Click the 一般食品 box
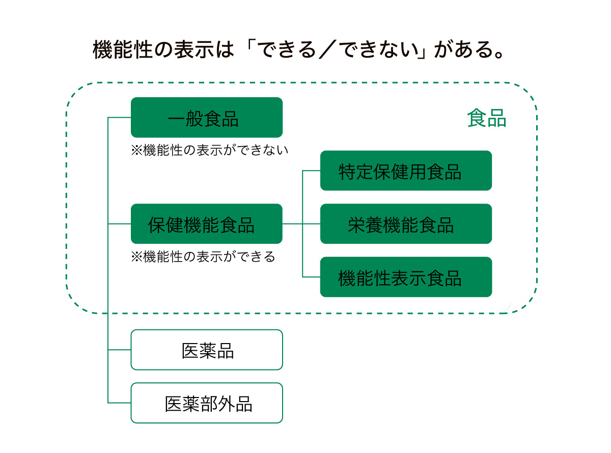[x=207, y=117]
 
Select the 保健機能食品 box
[x=207, y=223]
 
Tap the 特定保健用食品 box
[x=406, y=171]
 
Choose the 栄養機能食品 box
[x=406, y=223]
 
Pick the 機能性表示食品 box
[x=406, y=277]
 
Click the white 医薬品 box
[x=207, y=350]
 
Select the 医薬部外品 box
[x=207, y=403]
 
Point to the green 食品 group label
[x=487, y=118]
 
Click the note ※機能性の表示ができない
[x=210, y=150]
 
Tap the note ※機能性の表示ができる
[x=203, y=257]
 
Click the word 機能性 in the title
[x=123, y=49]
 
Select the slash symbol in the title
[x=327, y=49]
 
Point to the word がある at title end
[x=464, y=49]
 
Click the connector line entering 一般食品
[x=119, y=117]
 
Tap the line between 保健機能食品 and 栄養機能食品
[x=301, y=223]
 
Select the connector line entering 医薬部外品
[x=119, y=403]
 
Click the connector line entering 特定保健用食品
[x=311, y=171]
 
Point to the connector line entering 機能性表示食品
[x=311, y=277]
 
